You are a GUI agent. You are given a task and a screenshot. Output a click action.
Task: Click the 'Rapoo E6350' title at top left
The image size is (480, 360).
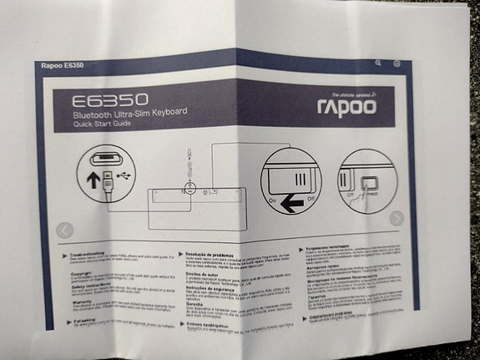63,66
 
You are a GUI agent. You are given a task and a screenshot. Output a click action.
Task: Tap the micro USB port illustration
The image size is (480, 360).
107,157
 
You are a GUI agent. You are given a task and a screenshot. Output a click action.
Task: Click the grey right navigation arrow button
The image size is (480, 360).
397,218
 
